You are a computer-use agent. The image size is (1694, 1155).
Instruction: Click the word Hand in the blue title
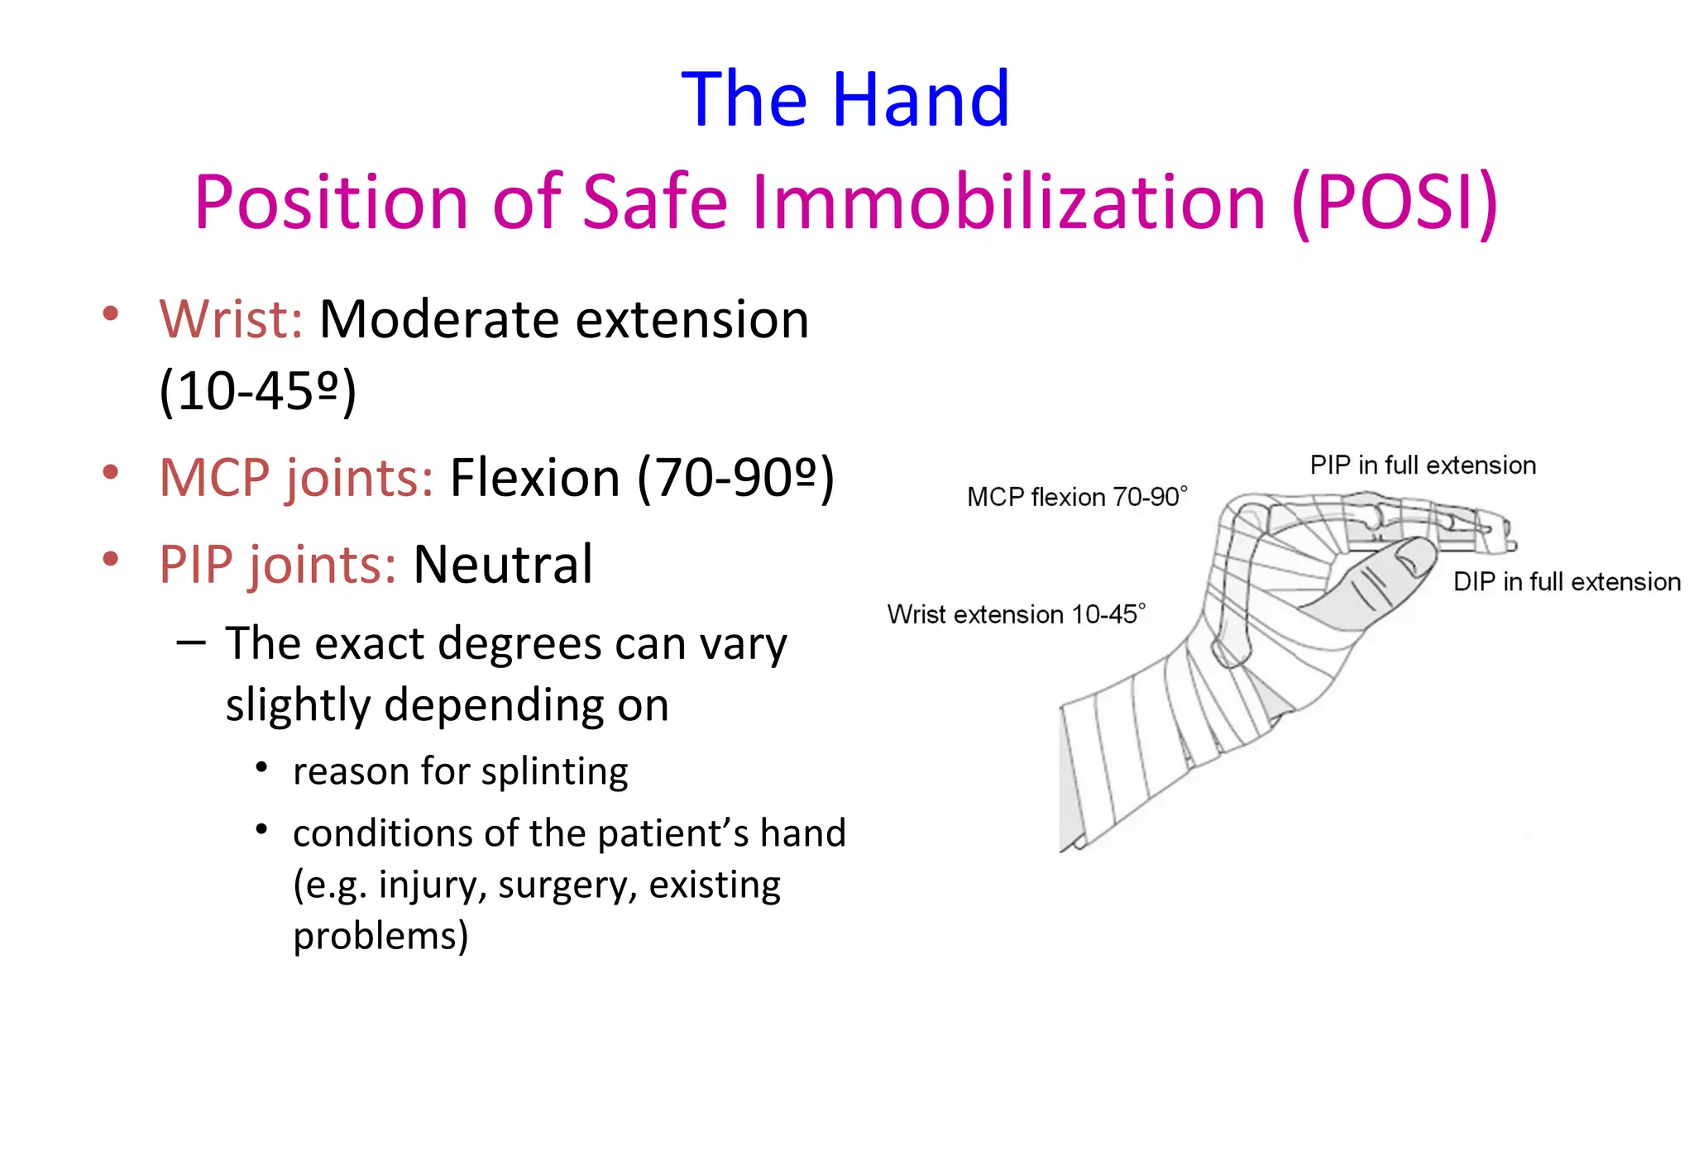(x=920, y=101)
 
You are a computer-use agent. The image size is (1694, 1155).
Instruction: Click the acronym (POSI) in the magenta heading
(x=1395, y=203)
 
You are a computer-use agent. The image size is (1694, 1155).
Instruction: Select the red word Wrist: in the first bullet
(x=231, y=320)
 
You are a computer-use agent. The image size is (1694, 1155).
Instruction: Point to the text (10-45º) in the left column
(x=257, y=391)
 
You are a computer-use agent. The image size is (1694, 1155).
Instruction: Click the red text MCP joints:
(x=296, y=479)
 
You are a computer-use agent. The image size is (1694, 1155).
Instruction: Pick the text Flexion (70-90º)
(x=641, y=479)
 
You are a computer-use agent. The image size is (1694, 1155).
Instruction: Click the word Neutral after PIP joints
(x=503, y=566)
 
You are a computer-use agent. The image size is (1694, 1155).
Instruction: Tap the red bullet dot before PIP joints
(x=110, y=559)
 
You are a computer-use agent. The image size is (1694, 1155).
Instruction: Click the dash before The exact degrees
(x=191, y=643)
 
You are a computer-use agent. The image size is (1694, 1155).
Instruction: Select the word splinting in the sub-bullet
(x=554, y=772)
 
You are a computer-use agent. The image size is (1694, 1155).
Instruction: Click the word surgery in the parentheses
(x=567, y=885)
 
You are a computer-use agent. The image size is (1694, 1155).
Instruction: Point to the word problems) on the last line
(x=380, y=937)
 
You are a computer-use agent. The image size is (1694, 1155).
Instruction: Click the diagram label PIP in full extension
(x=1422, y=465)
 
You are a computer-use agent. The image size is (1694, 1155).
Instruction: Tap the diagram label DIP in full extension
(x=1567, y=582)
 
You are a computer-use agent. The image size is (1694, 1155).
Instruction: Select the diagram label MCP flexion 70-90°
(x=1076, y=497)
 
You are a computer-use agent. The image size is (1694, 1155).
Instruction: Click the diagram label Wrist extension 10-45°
(x=1016, y=614)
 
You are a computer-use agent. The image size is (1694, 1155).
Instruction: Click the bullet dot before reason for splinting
(x=261, y=768)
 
